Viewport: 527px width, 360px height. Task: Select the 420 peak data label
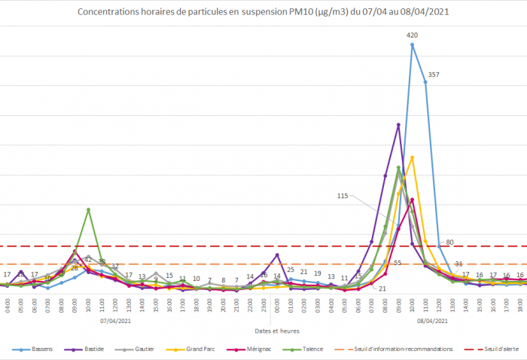[x=412, y=35]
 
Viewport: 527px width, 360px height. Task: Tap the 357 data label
[x=433, y=75]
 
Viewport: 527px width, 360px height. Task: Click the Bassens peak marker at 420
[x=412, y=45]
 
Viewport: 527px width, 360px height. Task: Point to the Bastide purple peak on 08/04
[x=398, y=125]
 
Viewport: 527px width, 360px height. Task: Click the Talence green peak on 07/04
[x=89, y=209]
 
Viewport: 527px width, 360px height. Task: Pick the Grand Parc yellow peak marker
[x=412, y=157]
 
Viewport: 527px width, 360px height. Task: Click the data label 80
[x=449, y=242]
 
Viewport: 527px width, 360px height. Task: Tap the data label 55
[x=398, y=263]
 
